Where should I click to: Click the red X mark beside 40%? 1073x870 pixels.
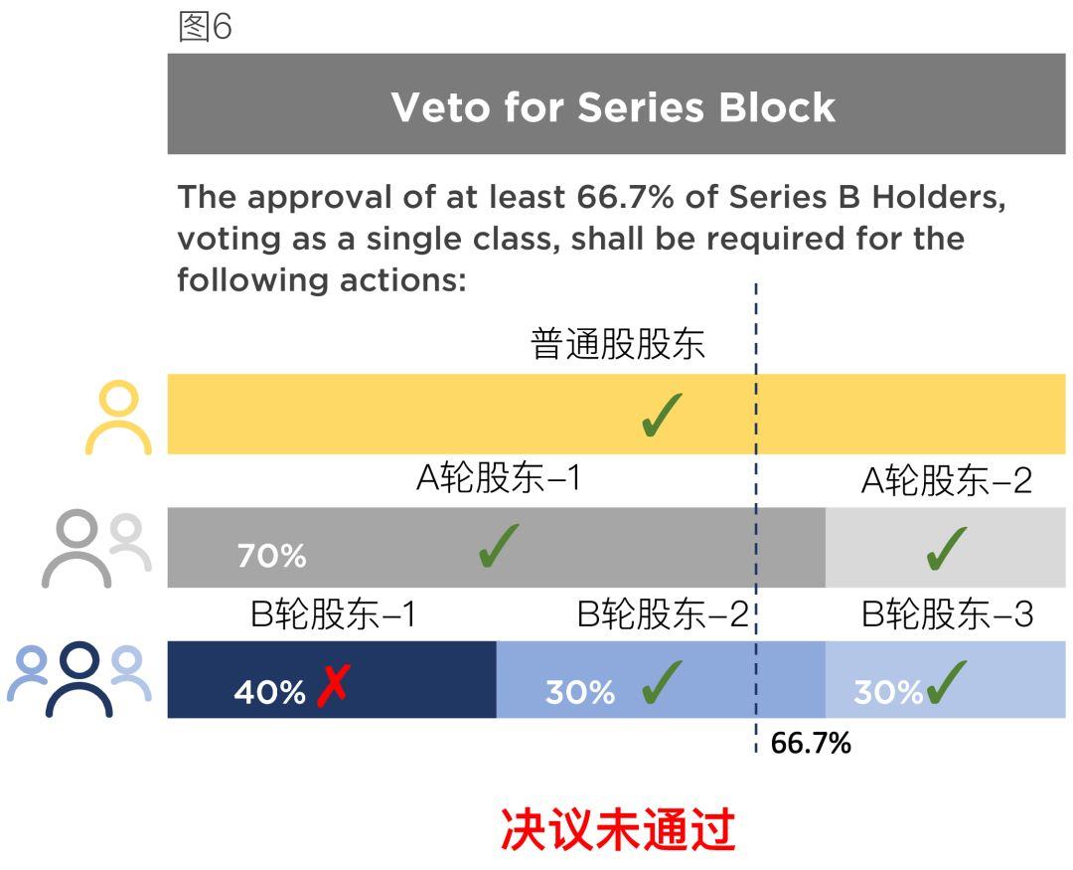tap(333, 685)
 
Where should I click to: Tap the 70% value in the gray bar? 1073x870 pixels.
tap(271, 556)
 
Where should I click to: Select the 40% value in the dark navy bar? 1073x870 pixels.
tap(269, 692)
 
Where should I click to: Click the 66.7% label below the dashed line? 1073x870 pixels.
tap(811, 744)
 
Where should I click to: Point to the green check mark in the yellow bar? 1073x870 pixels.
tap(662, 415)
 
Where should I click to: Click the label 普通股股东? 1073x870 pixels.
tap(617, 344)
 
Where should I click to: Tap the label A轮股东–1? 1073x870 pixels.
tap(499, 477)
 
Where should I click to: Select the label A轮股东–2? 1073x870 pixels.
tap(947, 480)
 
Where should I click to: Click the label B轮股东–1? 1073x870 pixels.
tap(333, 613)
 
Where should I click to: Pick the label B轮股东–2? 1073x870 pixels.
tap(663, 613)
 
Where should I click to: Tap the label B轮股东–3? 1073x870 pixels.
tap(947, 613)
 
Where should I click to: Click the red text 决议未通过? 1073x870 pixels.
tap(618, 829)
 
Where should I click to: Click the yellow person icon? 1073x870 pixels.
tap(118, 417)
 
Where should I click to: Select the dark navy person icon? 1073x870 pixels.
tap(79, 679)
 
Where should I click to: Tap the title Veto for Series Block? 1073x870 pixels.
tap(613, 107)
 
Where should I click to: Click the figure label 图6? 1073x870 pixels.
tap(206, 28)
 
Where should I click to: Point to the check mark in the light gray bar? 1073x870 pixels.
tap(947, 548)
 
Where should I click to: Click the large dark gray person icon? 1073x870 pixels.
tap(77, 548)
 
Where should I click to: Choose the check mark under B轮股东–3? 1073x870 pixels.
tap(947, 682)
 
